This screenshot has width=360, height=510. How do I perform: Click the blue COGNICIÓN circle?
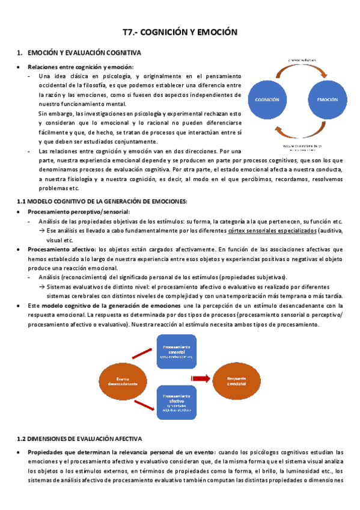pyautogui.click(x=267, y=99)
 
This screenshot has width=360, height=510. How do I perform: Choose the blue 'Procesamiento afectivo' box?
pyautogui.click(x=175, y=402)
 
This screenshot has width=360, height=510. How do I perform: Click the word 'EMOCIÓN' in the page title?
pyautogui.click(x=216, y=32)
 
